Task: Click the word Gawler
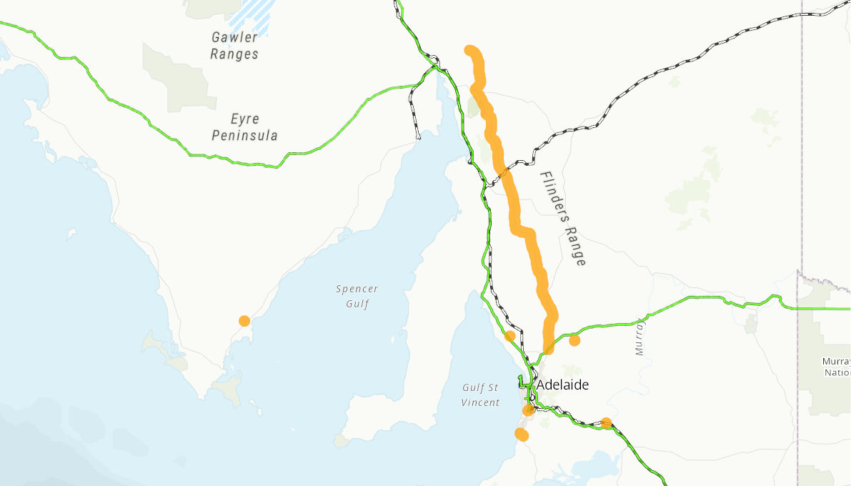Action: (x=234, y=36)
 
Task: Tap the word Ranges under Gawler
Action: (x=234, y=54)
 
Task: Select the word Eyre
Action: (x=245, y=119)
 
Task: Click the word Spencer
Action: (x=357, y=289)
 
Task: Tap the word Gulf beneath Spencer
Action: (x=357, y=304)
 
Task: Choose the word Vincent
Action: (x=480, y=403)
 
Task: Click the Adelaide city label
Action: (x=563, y=385)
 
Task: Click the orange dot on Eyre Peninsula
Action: (x=244, y=321)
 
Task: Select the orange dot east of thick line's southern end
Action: (x=574, y=340)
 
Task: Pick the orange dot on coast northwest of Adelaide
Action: (x=510, y=336)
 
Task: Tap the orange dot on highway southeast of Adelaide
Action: (x=606, y=422)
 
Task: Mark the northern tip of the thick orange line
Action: (x=470, y=50)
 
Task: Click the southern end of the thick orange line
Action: (x=548, y=349)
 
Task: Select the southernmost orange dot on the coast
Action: (x=522, y=435)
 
